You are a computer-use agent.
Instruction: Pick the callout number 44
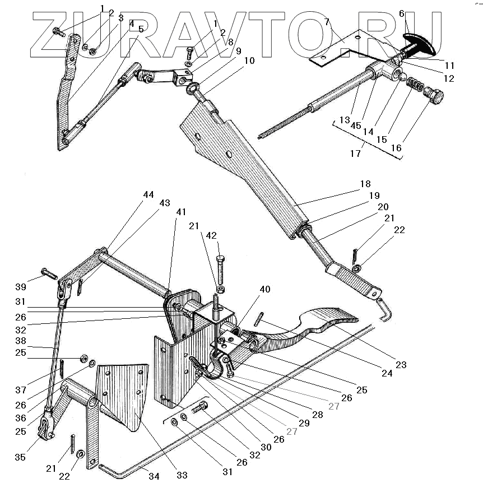(148, 194)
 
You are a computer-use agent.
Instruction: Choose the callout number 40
(264, 290)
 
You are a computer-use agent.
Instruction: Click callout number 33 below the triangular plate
(182, 475)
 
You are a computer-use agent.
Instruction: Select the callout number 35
(20, 457)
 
